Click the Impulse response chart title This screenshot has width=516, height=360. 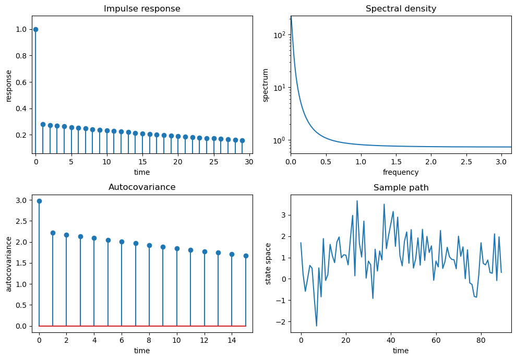coord(142,9)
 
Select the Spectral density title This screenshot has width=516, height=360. coord(401,9)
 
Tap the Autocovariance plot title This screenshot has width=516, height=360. coord(142,187)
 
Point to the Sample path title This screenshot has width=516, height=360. coord(401,188)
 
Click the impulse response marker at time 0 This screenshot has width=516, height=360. coord(35,29)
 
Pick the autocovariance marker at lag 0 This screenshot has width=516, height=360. coord(39,201)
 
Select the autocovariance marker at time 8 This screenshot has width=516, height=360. coord(149,245)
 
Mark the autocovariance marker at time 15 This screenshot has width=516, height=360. coord(246,256)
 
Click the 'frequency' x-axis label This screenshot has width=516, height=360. coord(401,172)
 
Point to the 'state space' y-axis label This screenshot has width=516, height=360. coord(268,263)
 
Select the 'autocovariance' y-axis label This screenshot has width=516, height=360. coord(9,263)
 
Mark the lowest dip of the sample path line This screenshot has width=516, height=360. coord(317,326)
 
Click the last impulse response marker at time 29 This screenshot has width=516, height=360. coord(242,140)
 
